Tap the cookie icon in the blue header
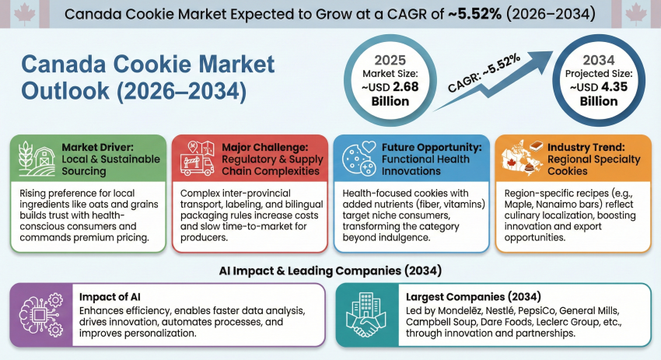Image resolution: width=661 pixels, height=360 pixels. (355, 159)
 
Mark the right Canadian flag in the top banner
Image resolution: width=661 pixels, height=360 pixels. (637, 13)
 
